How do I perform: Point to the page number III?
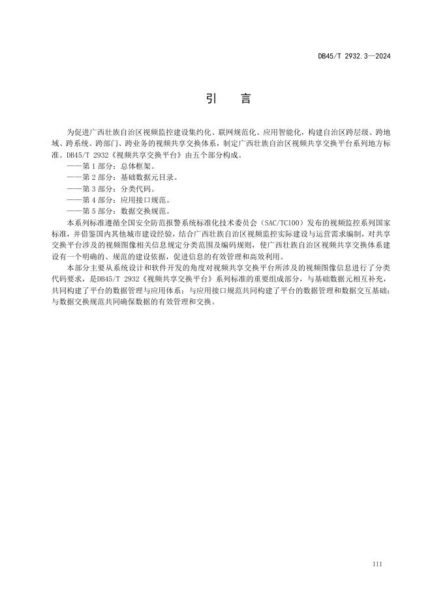pos(377,563)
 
